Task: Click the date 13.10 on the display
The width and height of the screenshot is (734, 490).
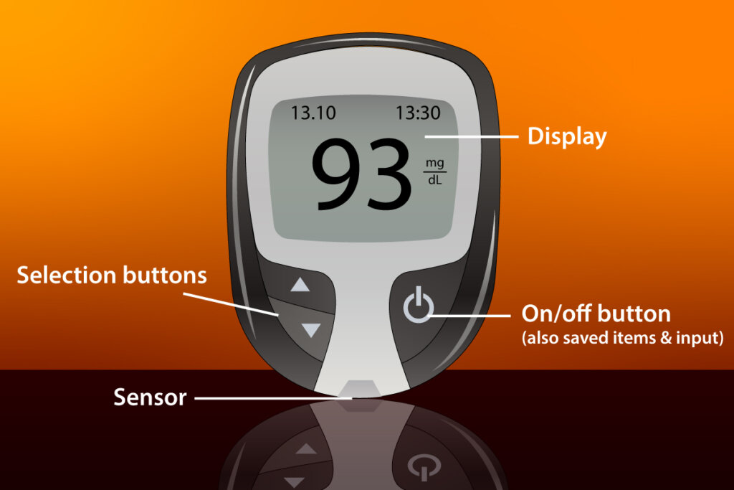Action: click(313, 113)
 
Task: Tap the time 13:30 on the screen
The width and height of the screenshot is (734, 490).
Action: click(418, 113)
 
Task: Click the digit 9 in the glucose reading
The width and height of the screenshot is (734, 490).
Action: click(335, 174)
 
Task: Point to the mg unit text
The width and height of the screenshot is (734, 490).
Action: click(434, 164)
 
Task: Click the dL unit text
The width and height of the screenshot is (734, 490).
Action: click(434, 179)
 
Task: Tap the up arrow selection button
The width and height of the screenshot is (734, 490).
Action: click(300, 284)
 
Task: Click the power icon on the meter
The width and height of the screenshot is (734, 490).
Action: click(418, 304)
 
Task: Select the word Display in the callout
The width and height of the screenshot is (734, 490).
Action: click(567, 137)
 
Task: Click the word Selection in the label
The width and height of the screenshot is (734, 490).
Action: click(67, 275)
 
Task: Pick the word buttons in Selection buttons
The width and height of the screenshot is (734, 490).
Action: click(165, 275)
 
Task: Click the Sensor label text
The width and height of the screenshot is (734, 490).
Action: click(150, 397)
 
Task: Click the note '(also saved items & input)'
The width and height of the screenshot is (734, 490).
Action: click(623, 338)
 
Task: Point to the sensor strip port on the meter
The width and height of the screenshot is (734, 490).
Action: click(358, 389)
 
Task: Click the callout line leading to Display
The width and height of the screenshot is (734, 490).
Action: click(472, 137)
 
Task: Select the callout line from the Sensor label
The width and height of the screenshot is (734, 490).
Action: click(273, 399)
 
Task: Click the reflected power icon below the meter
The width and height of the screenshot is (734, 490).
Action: click(424, 466)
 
